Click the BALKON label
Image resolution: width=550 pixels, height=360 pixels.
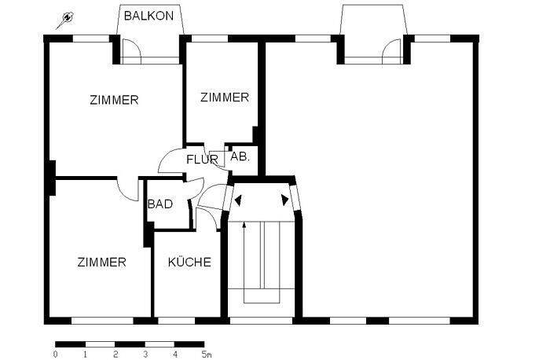(x=149, y=15)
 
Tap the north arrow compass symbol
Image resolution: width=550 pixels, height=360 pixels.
(x=67, y=19)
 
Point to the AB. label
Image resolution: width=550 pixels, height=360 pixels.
(x=240, y=156)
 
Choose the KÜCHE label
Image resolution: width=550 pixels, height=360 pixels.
(x=189, y=262)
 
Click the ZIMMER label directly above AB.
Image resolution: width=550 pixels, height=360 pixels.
(x=224, y=97)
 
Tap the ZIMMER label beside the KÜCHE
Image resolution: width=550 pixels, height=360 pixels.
(x=101, y=262)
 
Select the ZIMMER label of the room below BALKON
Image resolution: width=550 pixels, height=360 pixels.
(x=114, y=100)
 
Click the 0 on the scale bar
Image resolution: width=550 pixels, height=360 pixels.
(x=55, y=354)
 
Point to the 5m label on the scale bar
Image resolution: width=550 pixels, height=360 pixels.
(x=207, y=354)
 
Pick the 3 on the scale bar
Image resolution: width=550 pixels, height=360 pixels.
(x=145, y=354)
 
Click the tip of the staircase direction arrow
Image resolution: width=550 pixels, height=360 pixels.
(x=244, y=224)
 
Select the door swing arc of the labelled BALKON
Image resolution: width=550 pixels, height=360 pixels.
(x=132, y=53)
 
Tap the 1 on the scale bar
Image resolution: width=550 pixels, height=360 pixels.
(x=85, y=354)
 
